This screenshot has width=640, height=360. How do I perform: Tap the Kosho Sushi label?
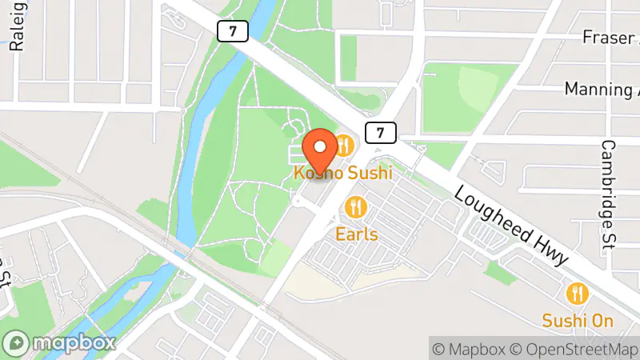[x=342, y=172]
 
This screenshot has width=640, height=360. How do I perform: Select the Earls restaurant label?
[x=357, y=235]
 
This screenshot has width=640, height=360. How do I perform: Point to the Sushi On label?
[x=578, y=321]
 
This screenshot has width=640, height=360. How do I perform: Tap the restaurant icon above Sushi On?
[x=577, y=294]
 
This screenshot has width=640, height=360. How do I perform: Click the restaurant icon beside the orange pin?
[x=345, y=146]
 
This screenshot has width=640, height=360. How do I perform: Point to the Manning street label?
[x=601, y=88]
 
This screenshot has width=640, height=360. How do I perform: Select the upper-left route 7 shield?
[x=232, y=31]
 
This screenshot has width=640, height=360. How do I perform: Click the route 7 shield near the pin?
[x=381, y=131]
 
